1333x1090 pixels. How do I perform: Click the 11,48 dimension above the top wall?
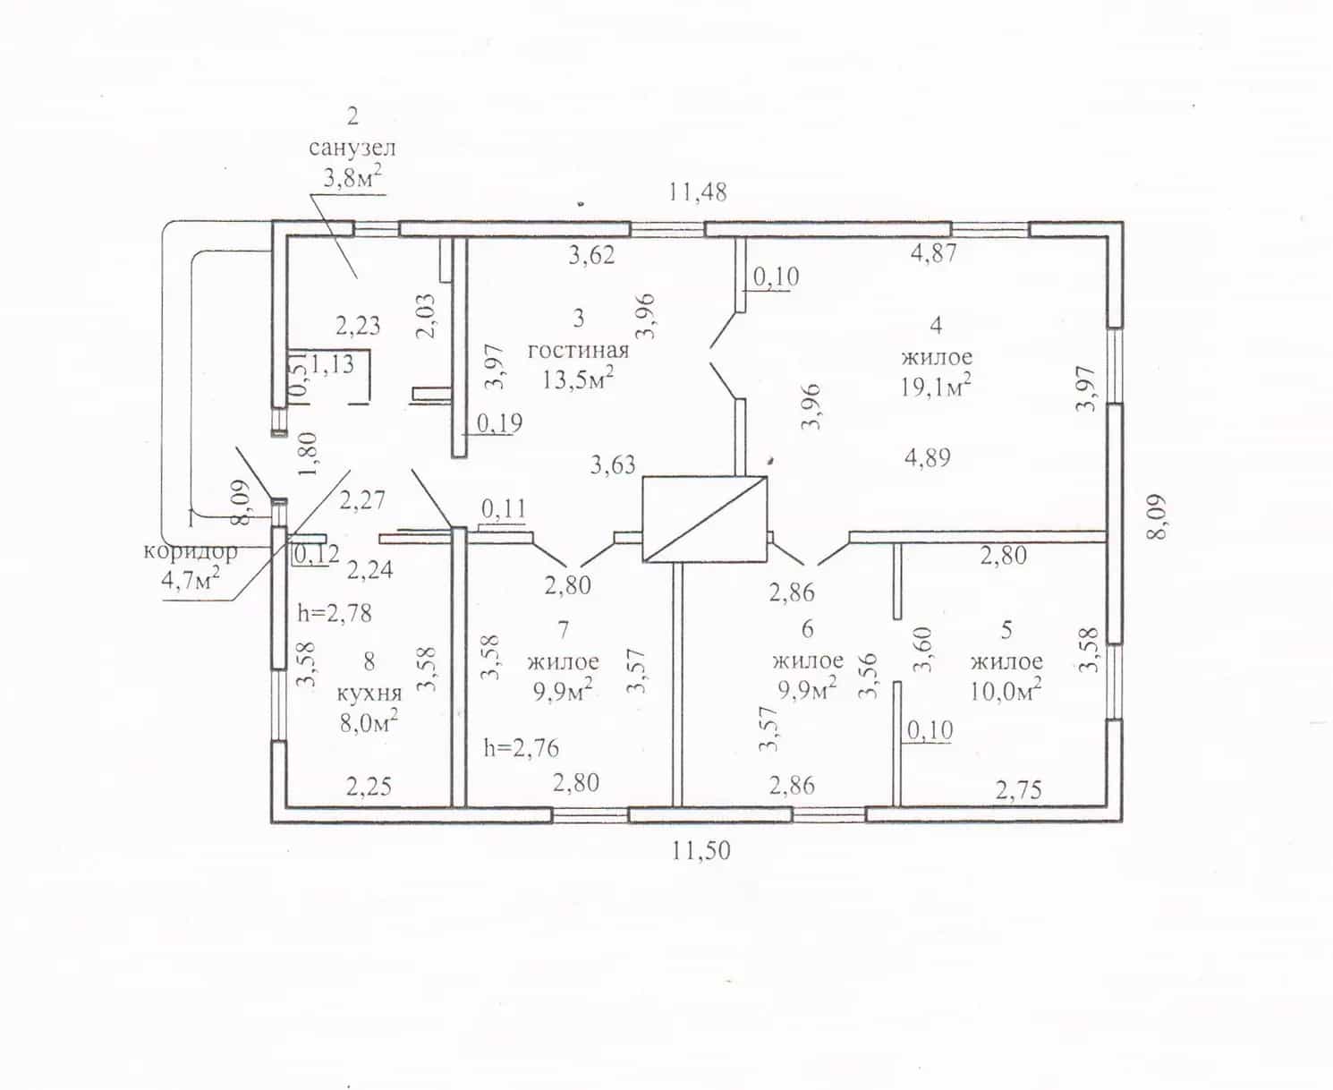coord(698,192)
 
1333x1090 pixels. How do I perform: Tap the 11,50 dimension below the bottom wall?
coord(700,850)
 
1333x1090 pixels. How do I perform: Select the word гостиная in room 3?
coord(578,350)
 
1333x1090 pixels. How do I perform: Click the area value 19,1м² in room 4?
coord(936,385)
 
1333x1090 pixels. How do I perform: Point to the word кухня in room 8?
coord(369,694)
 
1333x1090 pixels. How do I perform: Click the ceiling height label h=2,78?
coord(335,613)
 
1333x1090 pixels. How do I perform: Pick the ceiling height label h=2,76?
coord(521,748)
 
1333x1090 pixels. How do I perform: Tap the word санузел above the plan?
coord(352,148)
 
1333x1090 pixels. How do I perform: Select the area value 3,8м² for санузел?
coord(352,177)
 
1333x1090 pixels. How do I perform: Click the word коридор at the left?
coord(191,551)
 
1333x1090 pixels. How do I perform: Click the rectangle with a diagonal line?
coord(705,519)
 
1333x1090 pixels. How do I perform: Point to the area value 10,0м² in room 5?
coord(1006,691)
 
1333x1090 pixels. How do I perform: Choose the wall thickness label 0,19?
coord(499,423)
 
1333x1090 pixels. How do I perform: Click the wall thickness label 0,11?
coord(504,509)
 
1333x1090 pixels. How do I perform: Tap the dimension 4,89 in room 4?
coord(927,457)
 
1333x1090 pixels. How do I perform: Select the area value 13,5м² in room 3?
coord(578,379)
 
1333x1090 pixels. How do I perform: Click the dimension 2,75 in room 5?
coord(1018,790)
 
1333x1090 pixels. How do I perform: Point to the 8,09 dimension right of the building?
coord(1157,516)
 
